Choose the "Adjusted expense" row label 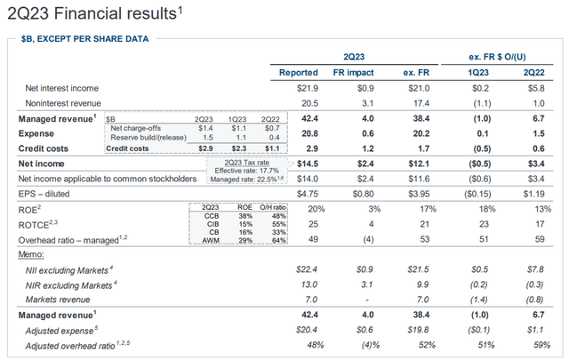(x=67, y=328)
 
